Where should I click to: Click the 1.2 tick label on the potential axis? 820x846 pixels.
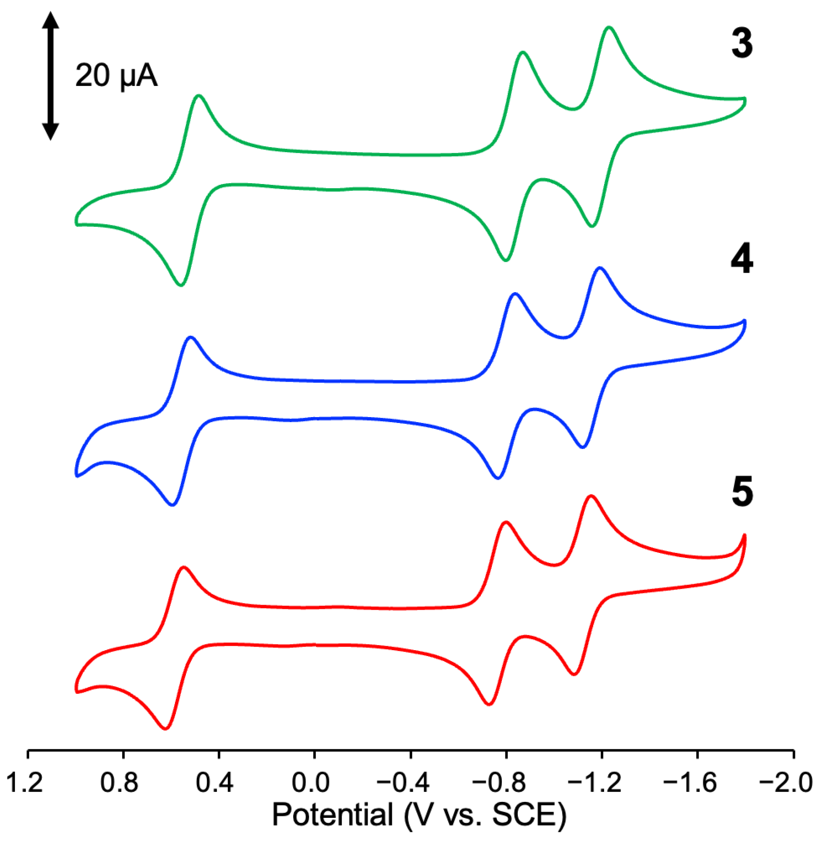point(25,783)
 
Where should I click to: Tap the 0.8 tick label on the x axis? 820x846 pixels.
point(119,783)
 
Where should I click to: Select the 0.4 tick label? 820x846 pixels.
point(215,783)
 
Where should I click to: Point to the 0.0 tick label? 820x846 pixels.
point(310,783)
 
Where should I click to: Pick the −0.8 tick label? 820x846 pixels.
point(499,783)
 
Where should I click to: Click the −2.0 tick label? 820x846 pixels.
point(786,783)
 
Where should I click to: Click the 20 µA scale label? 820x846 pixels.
point(116,75)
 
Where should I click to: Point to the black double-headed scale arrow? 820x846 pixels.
point(50,75)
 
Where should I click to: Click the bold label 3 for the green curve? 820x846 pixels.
point(742,43)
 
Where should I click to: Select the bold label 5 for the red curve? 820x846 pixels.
point(742,492)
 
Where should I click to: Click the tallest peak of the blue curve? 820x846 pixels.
point(600,269)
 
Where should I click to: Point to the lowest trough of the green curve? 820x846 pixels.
point(181,285)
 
